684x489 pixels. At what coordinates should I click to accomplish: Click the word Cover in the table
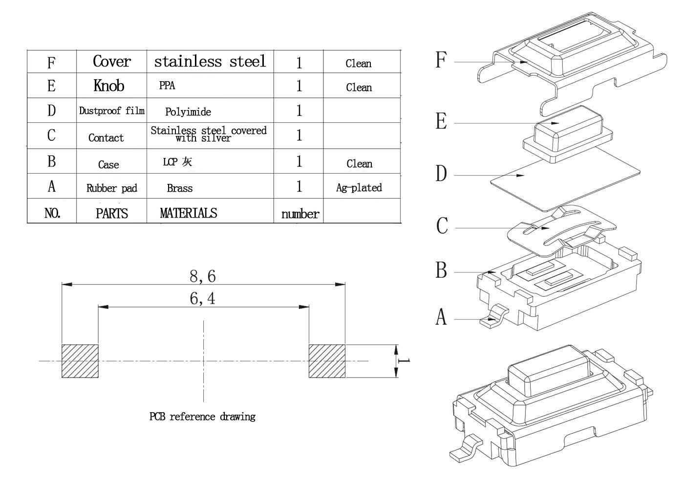[x=112, y=61]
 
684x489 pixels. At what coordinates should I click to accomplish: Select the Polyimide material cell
[x=188, y=112]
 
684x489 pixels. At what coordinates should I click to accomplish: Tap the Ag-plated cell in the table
[x=359, y=188]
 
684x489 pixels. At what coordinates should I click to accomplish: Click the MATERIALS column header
[x=189, y=213]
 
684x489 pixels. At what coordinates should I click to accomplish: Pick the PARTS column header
[x=112, y=213]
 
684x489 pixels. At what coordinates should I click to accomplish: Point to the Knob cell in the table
[x=109, y=86]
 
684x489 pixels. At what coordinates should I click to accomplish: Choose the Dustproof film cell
[x=112, y=111]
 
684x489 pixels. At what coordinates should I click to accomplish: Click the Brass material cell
[x=180, y=188]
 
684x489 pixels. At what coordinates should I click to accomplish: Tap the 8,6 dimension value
[x=203, y=276]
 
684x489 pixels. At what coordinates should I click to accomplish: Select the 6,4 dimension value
[x=202, y=299]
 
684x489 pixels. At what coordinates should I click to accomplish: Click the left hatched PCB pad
[x=80, y=361]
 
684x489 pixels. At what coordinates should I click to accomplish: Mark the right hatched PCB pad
[x=327, y=361]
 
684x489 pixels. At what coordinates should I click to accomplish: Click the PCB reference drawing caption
[x=202, y=417]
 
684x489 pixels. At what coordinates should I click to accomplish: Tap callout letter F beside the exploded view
[x=441, y=60]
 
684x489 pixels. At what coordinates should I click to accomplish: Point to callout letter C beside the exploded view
[x=442, y=225]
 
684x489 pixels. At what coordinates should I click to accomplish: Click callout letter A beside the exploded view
[x=441, y=317]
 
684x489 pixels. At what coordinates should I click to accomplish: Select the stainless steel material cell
[x=210, y=62]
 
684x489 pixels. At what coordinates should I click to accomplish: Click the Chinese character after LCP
[x=187, y=162]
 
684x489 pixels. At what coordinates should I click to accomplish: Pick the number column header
[x=300, y=214]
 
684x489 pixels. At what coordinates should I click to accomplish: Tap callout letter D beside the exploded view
[x=441, y=173]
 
